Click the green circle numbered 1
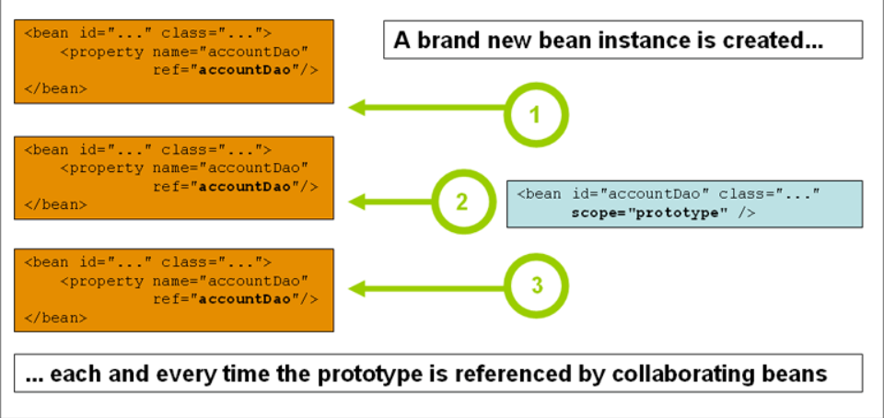coord(537,115)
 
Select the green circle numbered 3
coord(537,285)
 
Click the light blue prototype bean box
coord(684,203)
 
